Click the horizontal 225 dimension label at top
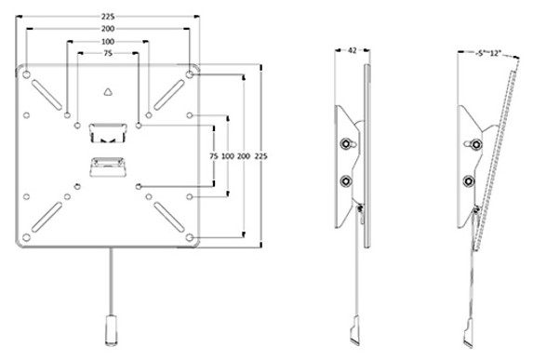click(108, 17)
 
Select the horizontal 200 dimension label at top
click(108, 29)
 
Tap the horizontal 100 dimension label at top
click(108, 42)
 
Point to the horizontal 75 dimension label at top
click(108, 53)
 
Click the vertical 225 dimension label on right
click(261, 156)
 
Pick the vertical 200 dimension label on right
click(244, 156)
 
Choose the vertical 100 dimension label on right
click(228, 156)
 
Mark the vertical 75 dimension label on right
click(213, 156)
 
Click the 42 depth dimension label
click(353, 50)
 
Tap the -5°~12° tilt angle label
click(488, 53)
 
